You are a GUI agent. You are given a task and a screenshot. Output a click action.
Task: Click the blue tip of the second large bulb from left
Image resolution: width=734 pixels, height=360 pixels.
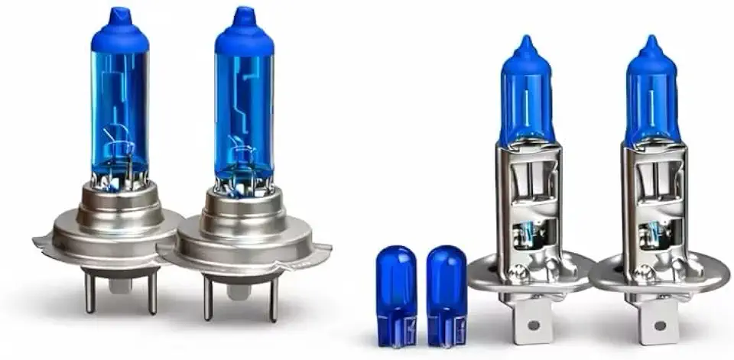click(x=244, y=15)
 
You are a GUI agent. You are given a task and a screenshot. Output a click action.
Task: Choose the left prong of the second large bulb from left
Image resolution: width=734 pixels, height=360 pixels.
click(x=208, y=298)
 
